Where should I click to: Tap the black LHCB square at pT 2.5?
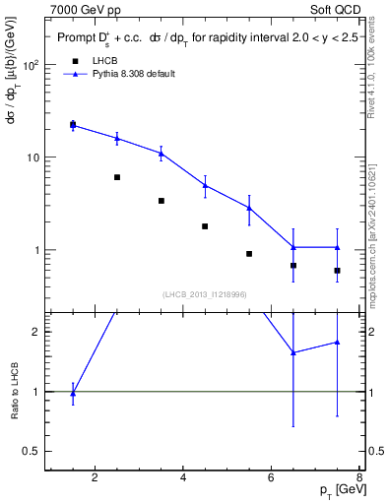pos(117,177)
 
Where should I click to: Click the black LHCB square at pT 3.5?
pos(161,201)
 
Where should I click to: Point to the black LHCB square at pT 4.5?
pos(205,226)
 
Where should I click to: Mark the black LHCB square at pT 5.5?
pos(249,254)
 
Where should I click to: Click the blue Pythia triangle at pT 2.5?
pos(117,139)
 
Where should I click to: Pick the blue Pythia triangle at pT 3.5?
pos(161,153)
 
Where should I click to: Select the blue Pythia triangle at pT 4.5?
pos(205,184)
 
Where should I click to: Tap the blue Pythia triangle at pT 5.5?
pos(249,208)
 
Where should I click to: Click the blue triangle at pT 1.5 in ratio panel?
pos(73,393)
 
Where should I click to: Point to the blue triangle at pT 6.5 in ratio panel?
pos(293,352)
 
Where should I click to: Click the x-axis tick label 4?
pos(185,479)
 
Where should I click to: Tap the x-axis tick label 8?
pos(360,479)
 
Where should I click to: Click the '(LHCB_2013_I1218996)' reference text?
pos(204,293)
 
